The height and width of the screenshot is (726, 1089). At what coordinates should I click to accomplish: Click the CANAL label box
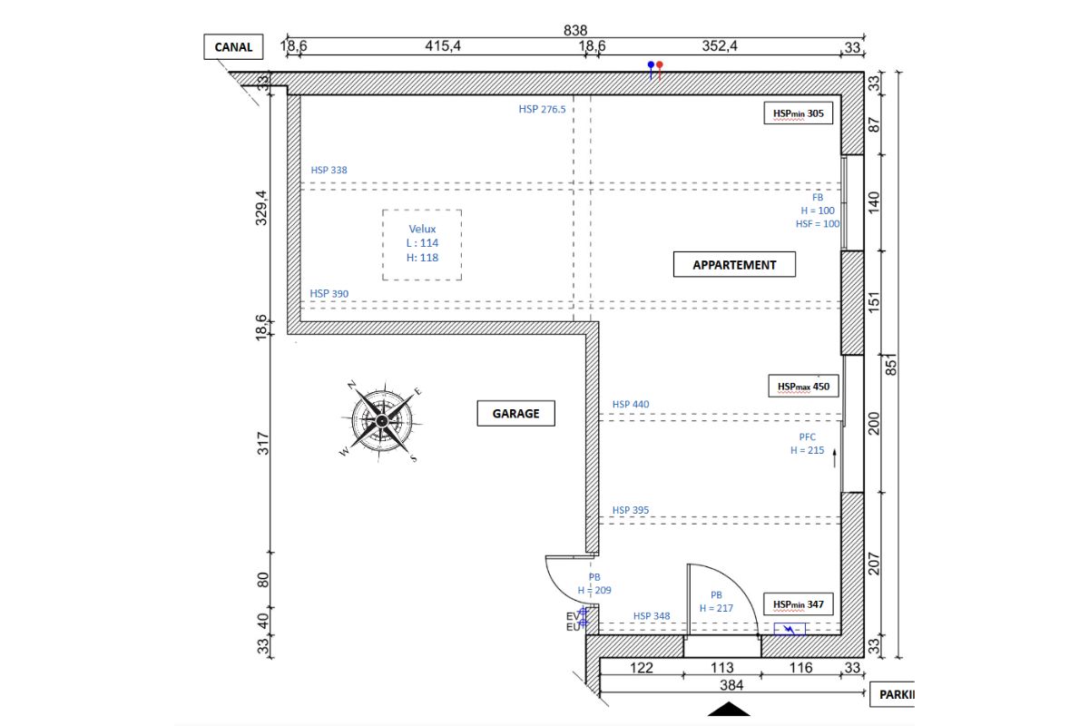233,47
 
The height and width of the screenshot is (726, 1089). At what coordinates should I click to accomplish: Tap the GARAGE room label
515,413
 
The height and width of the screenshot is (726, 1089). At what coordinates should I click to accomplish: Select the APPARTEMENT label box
734,265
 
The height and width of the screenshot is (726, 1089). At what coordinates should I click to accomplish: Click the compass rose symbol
381,420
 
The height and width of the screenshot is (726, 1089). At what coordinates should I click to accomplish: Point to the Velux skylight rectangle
422,245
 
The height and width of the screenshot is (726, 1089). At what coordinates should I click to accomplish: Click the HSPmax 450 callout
803,387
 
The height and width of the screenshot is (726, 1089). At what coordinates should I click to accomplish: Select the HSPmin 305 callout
798,113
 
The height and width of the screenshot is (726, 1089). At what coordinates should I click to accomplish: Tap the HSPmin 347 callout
798,604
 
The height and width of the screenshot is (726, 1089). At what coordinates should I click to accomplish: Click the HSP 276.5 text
542,110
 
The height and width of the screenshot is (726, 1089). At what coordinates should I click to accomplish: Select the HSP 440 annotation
631,405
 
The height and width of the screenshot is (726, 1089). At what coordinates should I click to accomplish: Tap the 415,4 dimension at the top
443,47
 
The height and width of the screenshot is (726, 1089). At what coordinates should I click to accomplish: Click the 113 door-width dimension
721,669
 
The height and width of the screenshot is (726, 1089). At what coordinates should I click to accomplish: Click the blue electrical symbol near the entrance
790,628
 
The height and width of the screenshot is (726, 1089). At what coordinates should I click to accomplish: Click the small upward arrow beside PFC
834,456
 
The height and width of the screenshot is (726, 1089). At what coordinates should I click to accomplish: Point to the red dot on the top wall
660,65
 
